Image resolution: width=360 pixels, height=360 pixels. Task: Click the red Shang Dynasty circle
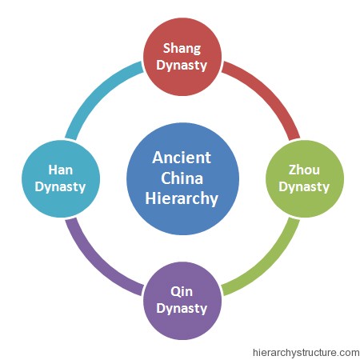point(182,57)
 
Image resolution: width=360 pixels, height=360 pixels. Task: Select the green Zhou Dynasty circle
point(305,178)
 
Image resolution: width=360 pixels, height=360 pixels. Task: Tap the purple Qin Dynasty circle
point(182,301)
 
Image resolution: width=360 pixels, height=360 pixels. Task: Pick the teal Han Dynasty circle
point(61,178)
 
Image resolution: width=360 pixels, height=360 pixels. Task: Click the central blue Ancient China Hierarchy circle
point(182,178)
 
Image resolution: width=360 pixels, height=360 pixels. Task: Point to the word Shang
point(182,49)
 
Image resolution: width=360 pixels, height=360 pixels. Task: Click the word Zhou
point(304,170)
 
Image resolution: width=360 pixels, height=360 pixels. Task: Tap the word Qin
point(182,292)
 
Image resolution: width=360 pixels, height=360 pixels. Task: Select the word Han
point(61,170)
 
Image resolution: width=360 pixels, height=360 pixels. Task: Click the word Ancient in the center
point(182,158)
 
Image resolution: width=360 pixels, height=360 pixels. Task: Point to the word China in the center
point(182,178)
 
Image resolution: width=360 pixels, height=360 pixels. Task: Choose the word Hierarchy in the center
point(182,198)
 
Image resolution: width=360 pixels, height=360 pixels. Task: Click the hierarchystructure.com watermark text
point(306,353)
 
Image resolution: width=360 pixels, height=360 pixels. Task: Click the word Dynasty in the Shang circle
point(182,66)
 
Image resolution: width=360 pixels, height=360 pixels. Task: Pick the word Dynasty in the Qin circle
point(182,309)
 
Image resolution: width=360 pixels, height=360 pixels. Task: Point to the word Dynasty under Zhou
point(304,187)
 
